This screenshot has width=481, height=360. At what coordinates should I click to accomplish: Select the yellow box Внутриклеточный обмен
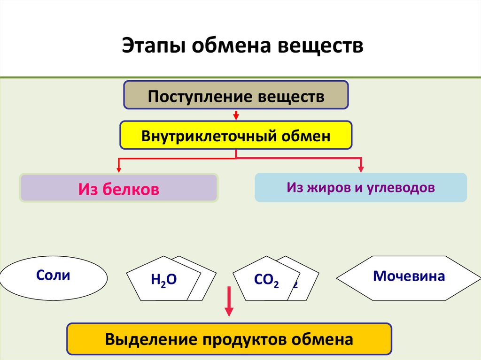point(236,136)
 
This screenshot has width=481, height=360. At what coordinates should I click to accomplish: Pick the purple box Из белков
point(119,189)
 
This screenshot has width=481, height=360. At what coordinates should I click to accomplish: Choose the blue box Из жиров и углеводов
point(361,188)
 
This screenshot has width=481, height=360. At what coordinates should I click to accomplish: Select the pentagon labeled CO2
point(266,280)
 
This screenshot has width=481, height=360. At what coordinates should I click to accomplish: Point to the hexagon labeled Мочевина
point(409,278)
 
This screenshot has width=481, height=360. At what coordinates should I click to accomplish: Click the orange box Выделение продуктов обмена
point(229,339)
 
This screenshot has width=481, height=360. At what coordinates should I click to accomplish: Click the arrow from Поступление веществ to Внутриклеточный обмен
point(236,115)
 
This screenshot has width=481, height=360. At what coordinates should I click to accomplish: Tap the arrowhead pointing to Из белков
point(119,168)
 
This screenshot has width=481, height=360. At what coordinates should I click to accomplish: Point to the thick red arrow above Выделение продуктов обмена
point(229,303)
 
